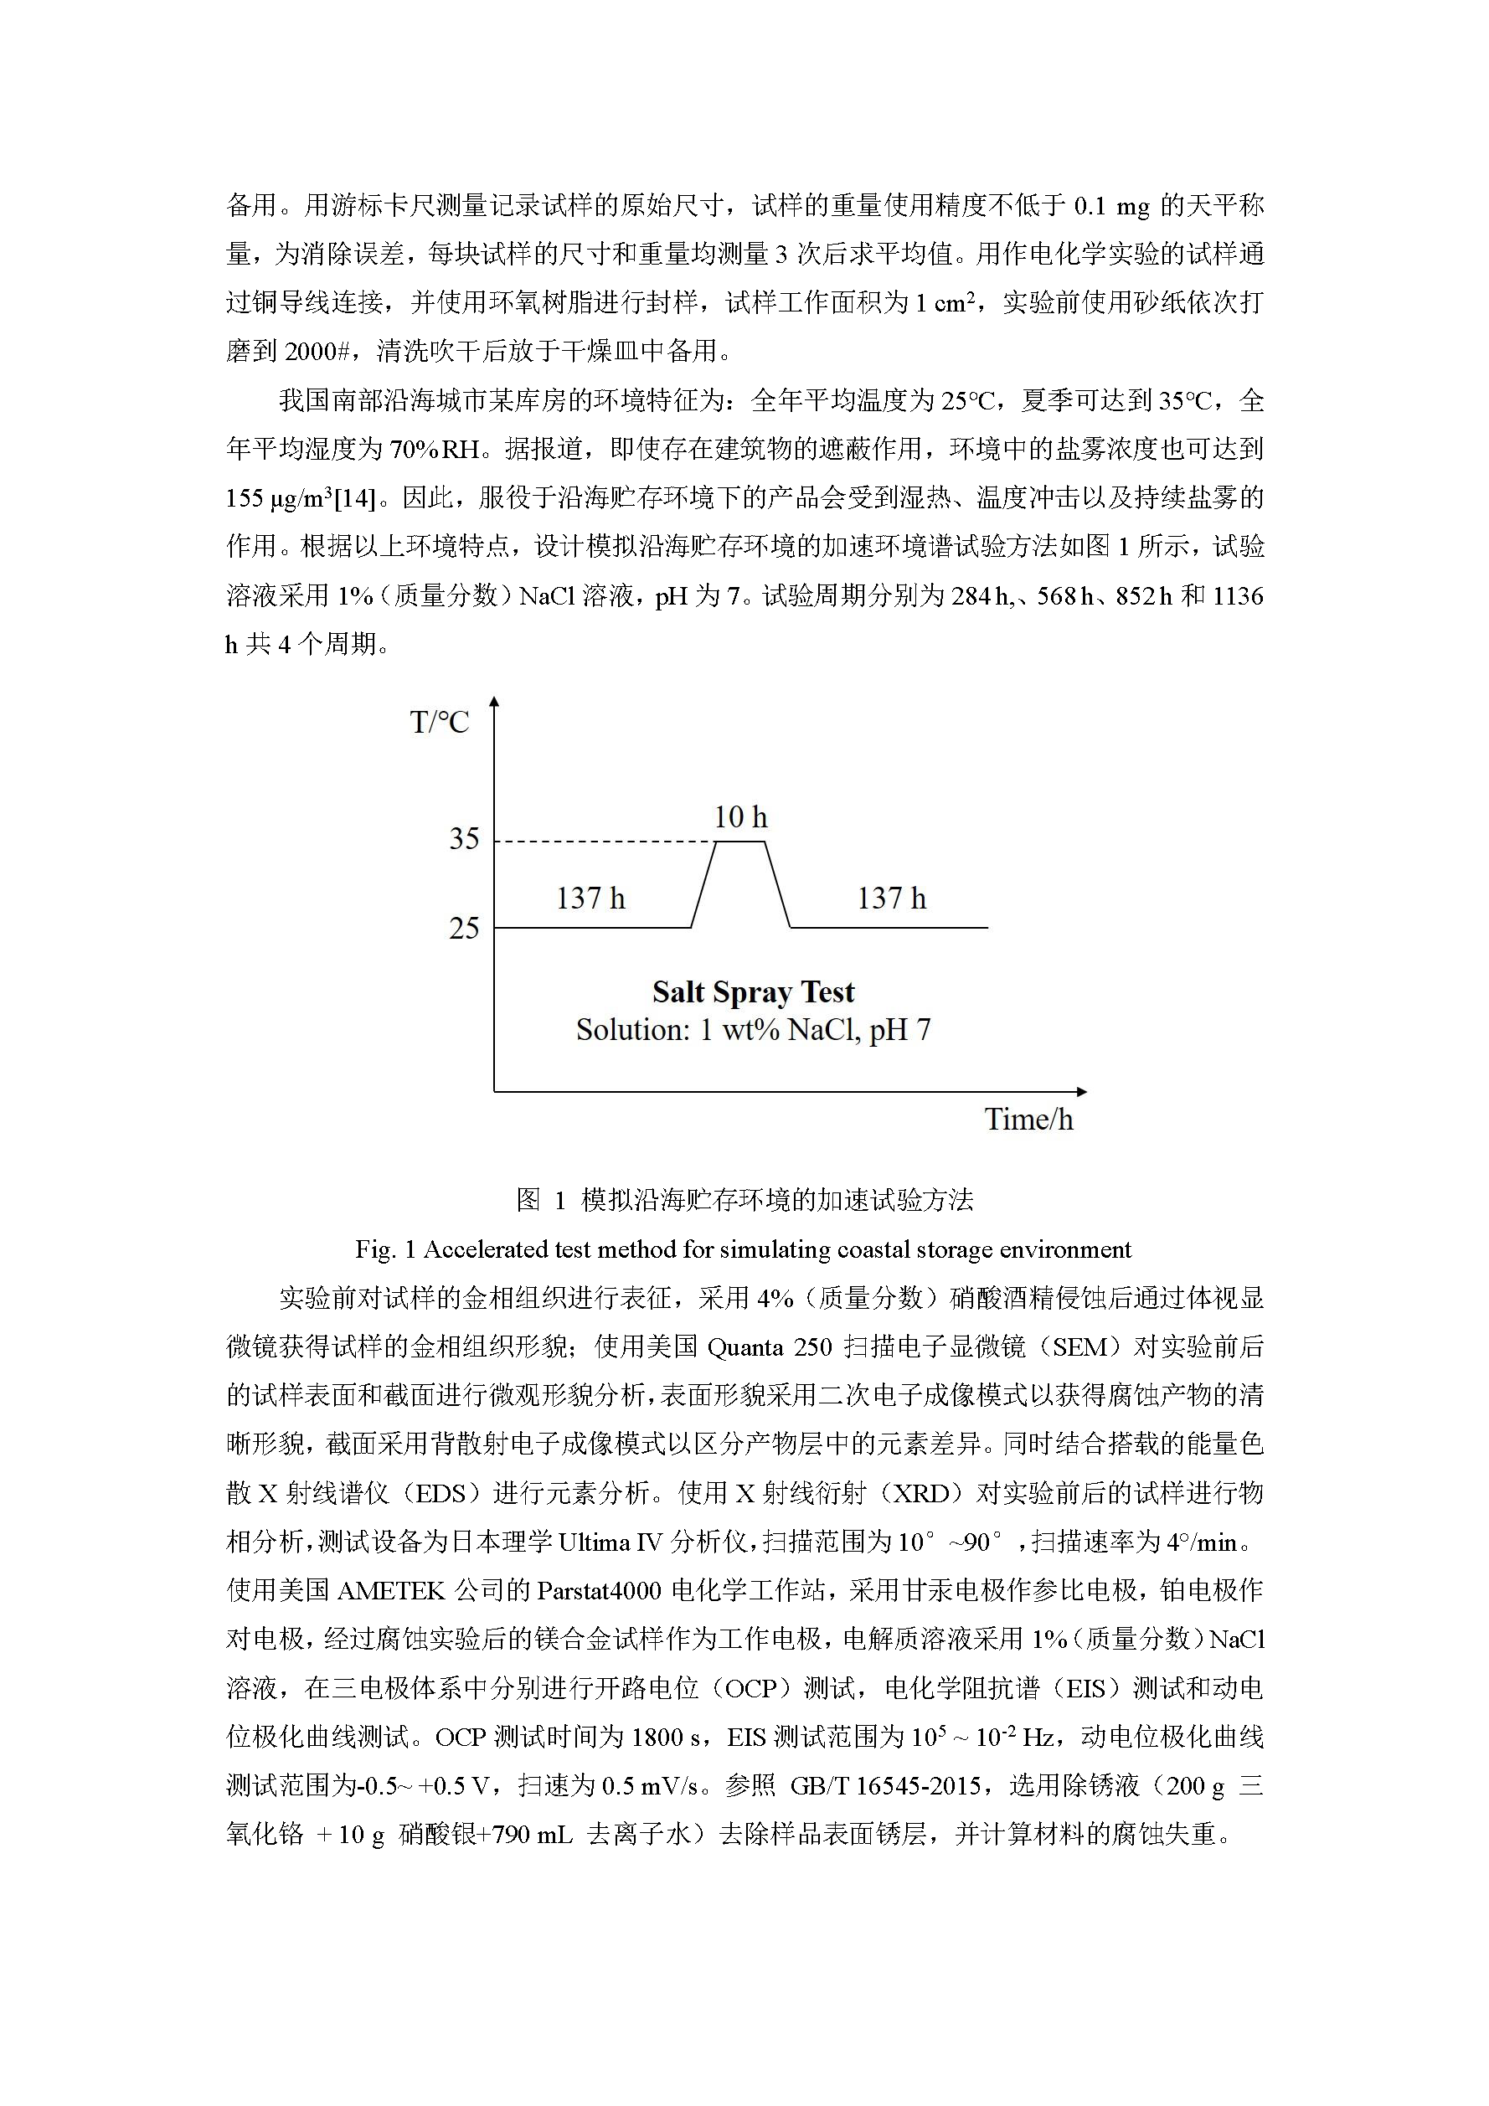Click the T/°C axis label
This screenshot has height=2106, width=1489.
point(439,723)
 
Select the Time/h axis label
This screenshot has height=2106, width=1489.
point(1028,1119)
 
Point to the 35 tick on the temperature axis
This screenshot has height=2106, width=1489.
point(464,838)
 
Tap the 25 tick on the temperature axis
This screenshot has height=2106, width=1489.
point(464,929)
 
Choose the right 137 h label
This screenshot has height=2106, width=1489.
point(891,898)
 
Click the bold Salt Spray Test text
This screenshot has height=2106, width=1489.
point(752,992)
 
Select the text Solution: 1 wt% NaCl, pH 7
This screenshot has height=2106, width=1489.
point(752,1030)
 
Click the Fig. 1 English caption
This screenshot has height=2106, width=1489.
point(743,1249)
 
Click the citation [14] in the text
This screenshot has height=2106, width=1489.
point(354,498)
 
